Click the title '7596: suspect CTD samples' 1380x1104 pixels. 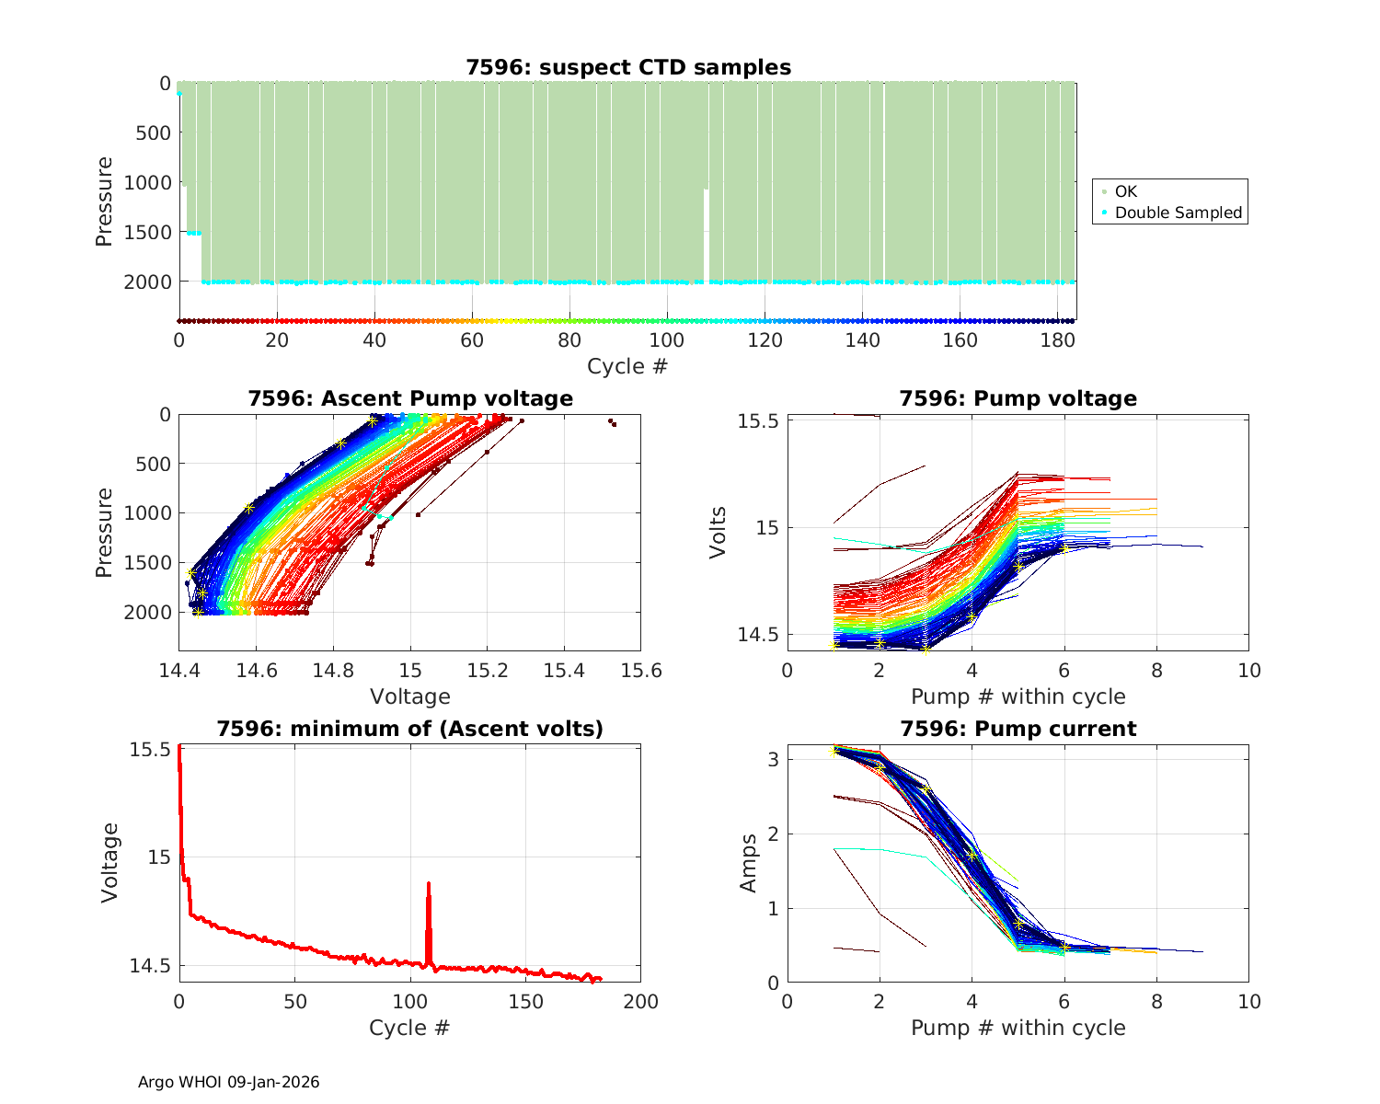[627, 67]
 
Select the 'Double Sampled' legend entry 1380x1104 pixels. [1178, 213]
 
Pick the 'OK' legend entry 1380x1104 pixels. [1125, 191]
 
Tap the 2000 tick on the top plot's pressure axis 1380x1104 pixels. [147, 282]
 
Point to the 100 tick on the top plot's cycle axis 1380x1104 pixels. [667, 340]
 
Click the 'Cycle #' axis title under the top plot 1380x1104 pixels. [627, 366]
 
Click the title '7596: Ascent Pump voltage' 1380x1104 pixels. [409, 398]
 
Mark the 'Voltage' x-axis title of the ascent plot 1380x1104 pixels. [409, 696]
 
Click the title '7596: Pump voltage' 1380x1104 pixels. [1018, 398]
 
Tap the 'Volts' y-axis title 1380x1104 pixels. [719, 532]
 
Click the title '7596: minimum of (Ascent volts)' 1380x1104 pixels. [409, 730]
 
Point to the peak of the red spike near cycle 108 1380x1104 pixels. [428, 883]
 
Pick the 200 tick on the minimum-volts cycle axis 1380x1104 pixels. [640, 1001]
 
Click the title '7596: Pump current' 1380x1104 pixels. [1018, 730]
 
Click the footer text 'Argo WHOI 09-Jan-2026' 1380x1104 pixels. [228, 1082]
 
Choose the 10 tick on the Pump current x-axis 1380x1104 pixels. [1248, 1001]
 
